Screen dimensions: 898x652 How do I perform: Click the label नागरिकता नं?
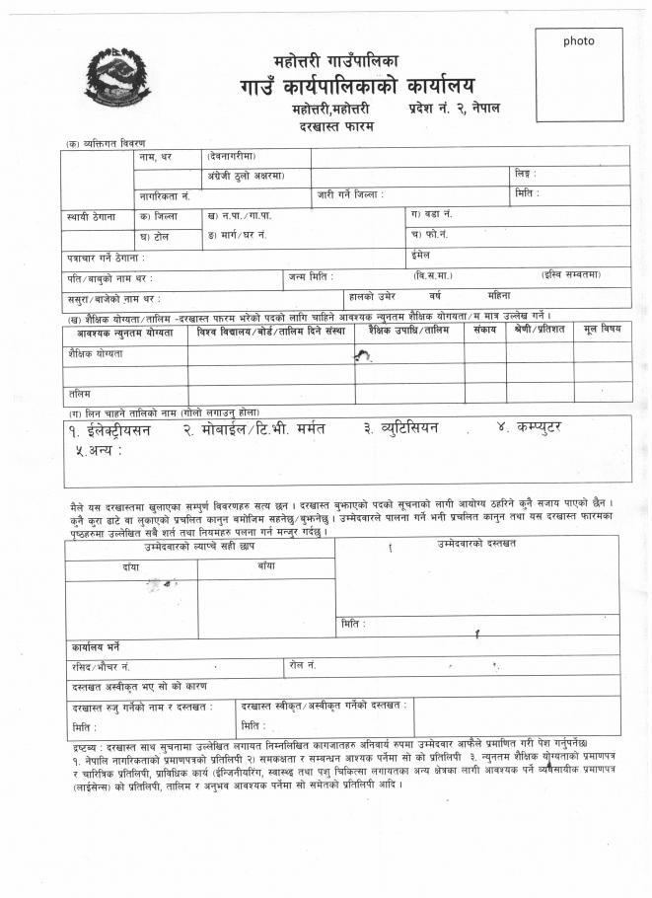[164, 196]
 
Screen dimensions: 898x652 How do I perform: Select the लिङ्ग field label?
[525, 175]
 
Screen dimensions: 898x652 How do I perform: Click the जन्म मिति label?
[311, 276]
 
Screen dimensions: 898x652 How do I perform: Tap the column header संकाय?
[484, 330]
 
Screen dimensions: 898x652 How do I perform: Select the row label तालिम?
[80, 394]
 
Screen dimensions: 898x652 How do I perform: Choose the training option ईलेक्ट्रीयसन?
[125, 430]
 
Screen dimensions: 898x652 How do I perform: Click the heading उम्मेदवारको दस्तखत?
[476, 545]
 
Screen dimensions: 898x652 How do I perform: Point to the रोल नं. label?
[303, 666]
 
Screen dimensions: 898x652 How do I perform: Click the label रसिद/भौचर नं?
[101, 667]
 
